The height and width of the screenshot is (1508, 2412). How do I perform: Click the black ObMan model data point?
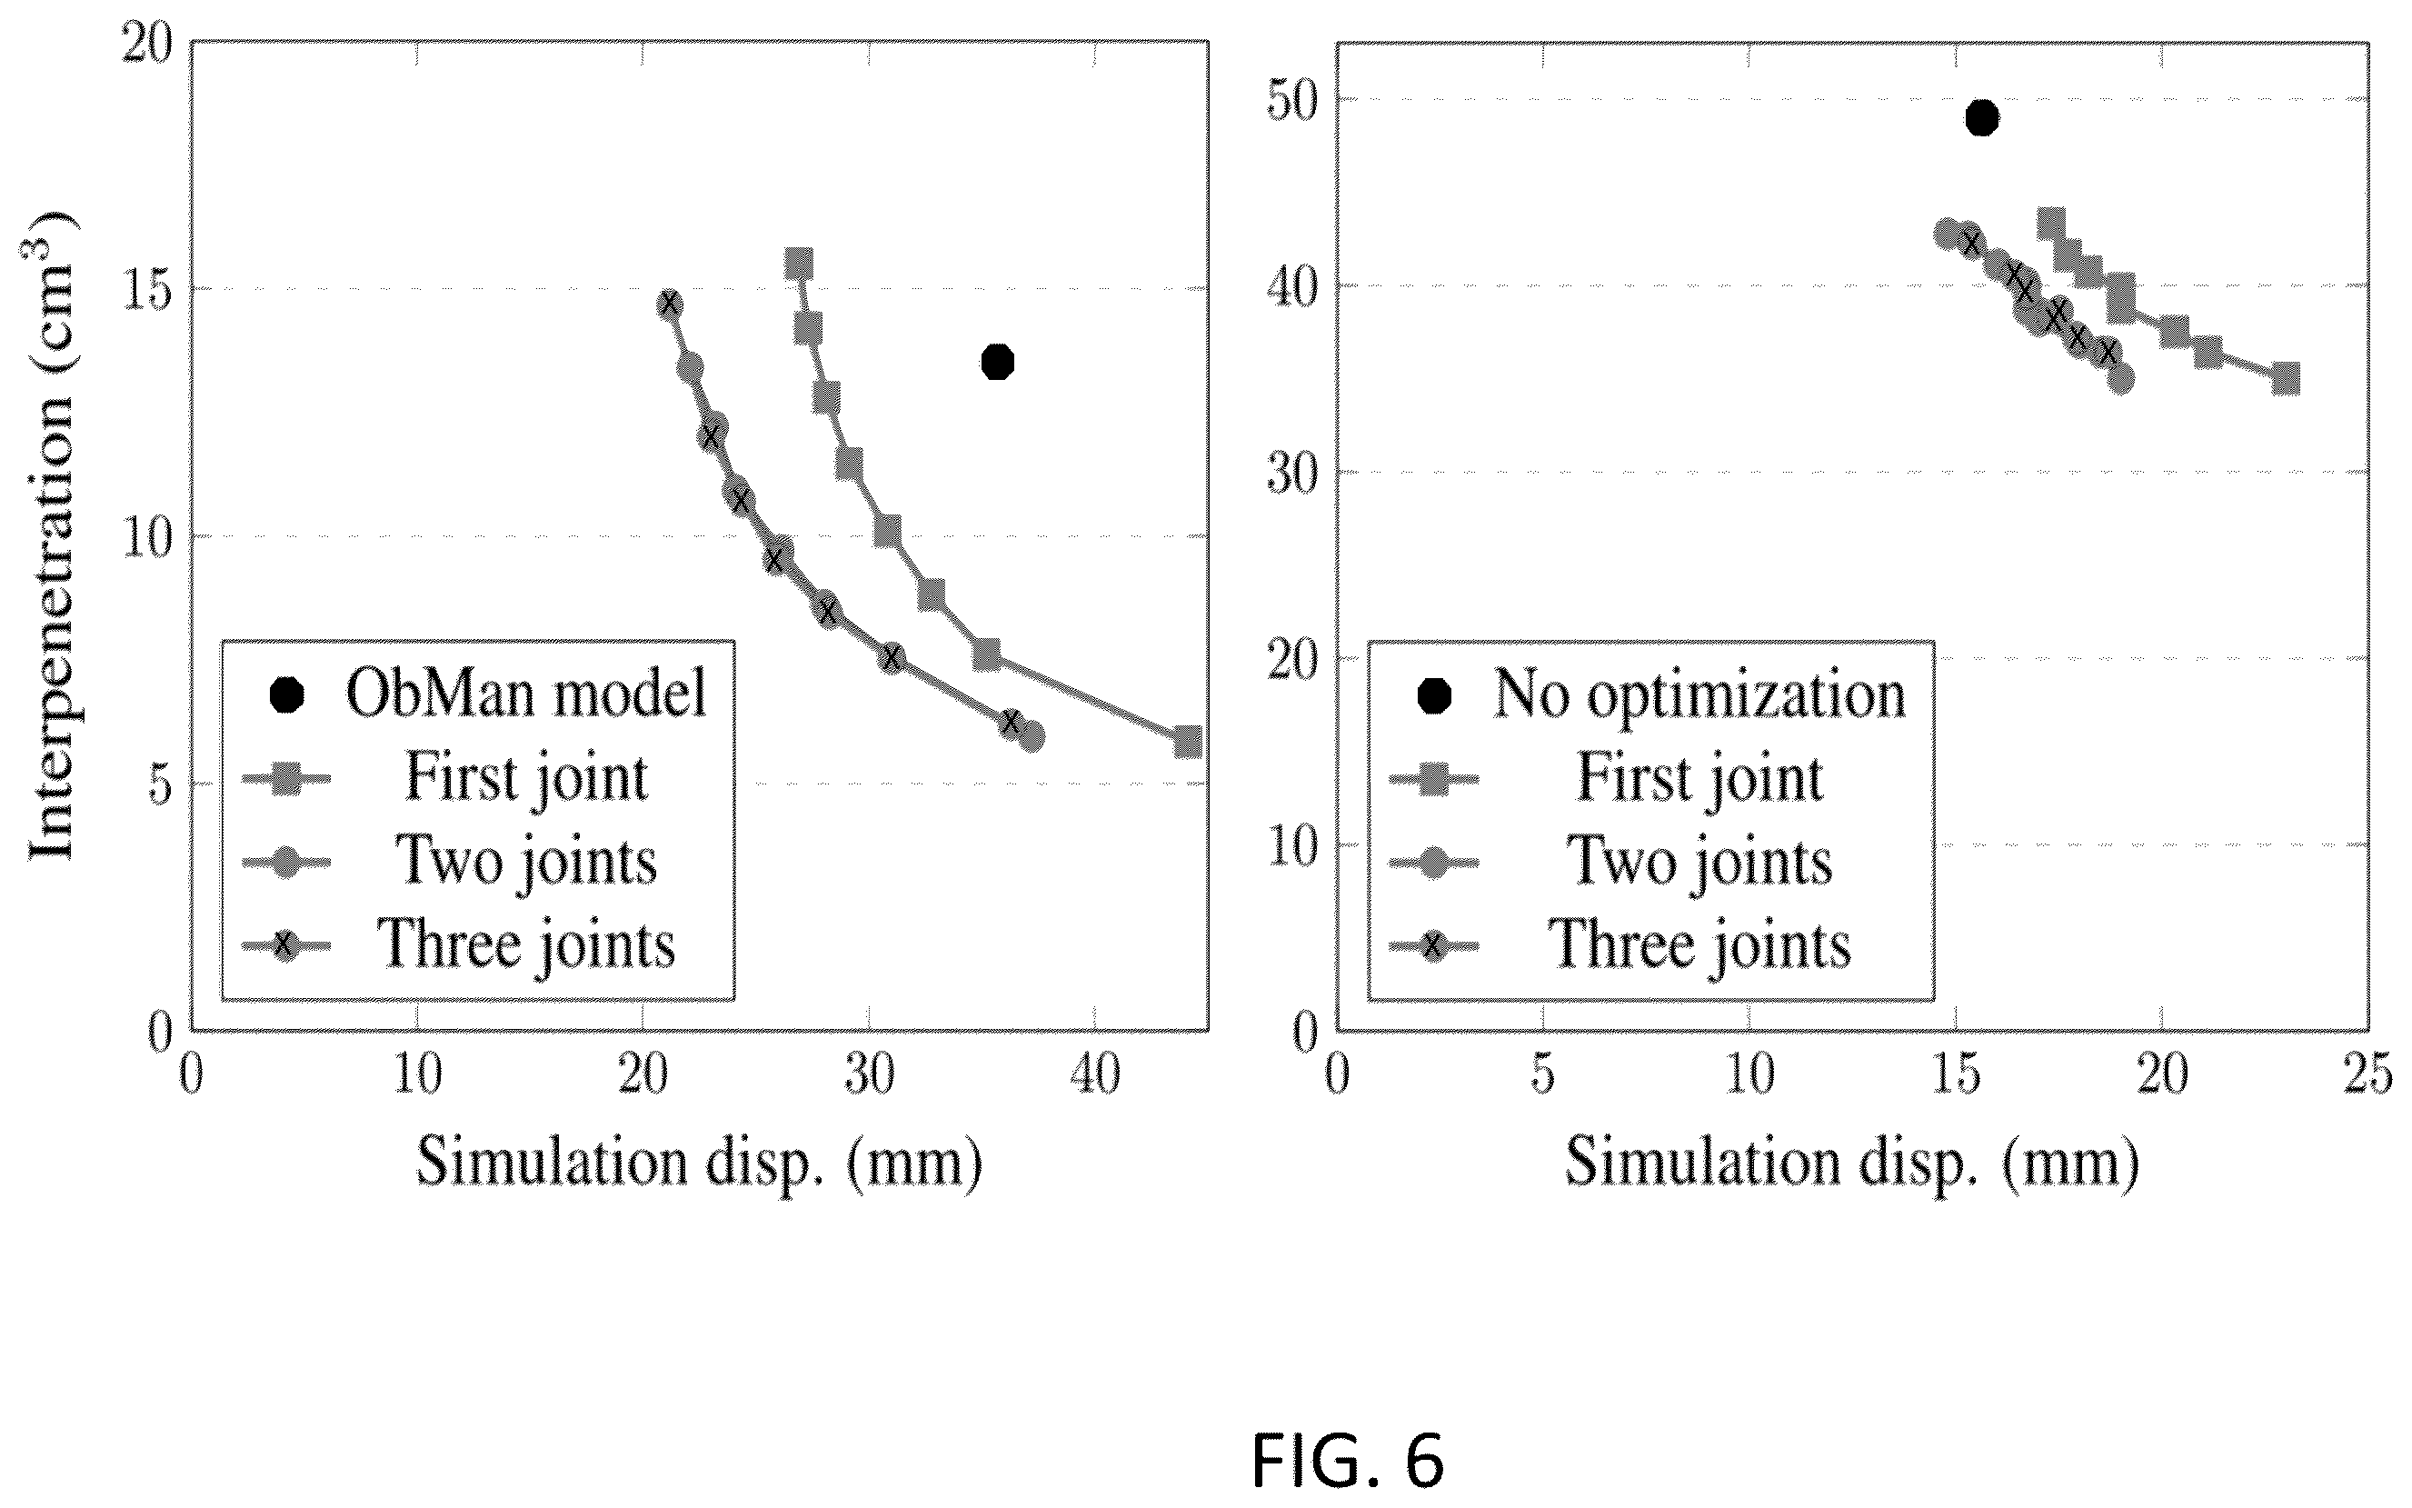tap(997, 362)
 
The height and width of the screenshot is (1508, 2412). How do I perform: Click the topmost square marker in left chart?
tap(799, 265)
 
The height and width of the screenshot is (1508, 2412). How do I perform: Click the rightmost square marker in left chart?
tap(1188, 741)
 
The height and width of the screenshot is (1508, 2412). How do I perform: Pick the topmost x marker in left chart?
tap(669, 304)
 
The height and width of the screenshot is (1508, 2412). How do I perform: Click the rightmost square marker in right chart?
tap(2286, 379)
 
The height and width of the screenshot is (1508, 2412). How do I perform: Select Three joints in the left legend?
tap(525, 944)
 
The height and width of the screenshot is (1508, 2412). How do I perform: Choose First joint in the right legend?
tap(1699, 778)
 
